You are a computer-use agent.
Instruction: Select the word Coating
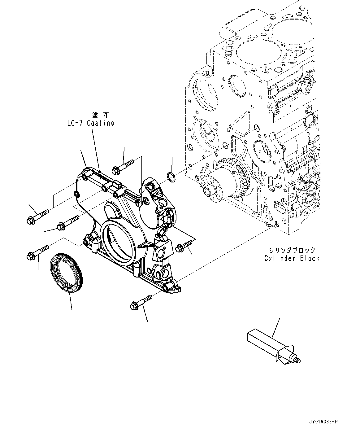(x=100, y=123)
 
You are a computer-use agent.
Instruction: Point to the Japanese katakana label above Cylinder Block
(x=292, y=250)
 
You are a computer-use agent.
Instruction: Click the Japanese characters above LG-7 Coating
(x=101, y=115)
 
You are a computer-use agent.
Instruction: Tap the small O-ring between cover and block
(x=171, y=177)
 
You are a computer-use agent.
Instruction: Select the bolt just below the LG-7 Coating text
(x=123, y=165)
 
